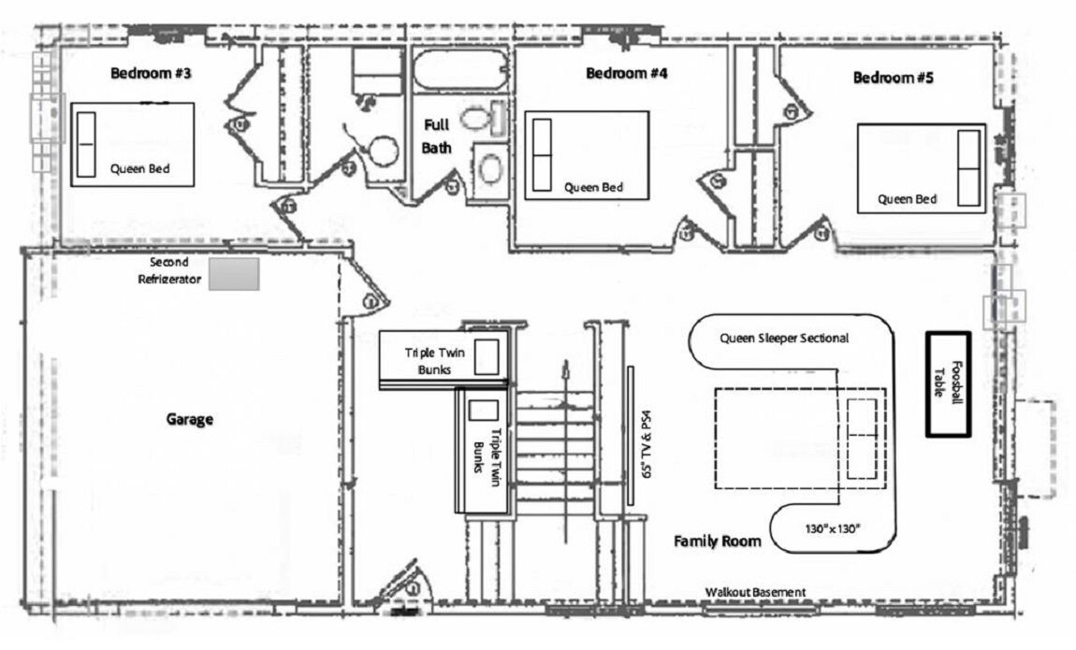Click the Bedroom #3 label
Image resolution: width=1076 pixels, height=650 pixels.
151,73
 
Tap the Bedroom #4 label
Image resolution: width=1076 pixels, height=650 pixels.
627,73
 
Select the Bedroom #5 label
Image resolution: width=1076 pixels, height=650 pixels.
893,78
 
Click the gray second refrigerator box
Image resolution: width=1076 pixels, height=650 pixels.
234,274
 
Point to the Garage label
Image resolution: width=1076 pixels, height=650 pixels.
189,419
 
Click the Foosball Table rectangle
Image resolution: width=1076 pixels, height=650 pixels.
949,384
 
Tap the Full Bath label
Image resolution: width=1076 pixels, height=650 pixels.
436,136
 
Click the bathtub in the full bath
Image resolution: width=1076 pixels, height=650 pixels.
459,70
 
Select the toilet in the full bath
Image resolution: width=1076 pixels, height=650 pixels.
483,119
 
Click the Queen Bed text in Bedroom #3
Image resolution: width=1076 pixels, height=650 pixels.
140,168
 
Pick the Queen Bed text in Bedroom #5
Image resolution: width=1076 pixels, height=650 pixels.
908,199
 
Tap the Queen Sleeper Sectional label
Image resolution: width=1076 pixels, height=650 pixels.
784,338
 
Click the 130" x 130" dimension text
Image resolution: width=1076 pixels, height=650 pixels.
833,528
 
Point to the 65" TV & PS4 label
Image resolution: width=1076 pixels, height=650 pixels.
646,443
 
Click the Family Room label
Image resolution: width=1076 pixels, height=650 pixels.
717,541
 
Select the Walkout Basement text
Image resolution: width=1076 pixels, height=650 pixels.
755,592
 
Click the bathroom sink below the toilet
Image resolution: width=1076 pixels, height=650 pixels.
490,168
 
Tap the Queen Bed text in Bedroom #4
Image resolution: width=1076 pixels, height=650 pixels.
593,187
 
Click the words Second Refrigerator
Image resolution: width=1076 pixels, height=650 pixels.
169,271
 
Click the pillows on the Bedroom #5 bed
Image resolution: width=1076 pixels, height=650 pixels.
969,168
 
